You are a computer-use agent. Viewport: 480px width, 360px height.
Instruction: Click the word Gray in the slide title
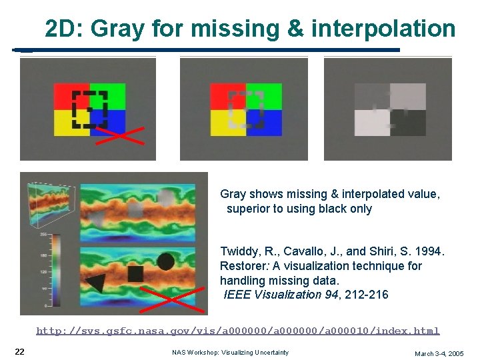click(117, 29)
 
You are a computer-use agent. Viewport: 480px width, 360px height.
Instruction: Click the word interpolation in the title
click(383, 29)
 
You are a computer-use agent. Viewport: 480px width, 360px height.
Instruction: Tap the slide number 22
click(20, 351)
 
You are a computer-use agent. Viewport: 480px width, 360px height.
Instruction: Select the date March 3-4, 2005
click(439, 353)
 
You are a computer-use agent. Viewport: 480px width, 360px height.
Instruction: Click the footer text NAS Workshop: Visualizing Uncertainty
click(230, 352)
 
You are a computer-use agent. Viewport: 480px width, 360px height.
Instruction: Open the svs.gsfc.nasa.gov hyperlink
click(237, 331)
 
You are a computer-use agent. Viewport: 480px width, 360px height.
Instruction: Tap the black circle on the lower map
click(165, 262)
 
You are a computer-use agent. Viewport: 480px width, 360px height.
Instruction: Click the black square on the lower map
click(135, 273)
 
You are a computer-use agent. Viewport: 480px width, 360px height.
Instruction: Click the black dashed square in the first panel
click(89, 109)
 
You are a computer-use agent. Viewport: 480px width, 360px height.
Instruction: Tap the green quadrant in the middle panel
click(264, 97)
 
